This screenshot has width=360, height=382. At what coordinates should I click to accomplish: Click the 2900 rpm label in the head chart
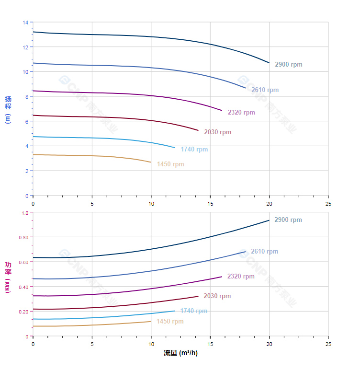[288, 65]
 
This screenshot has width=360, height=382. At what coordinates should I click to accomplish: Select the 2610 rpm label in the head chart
[265, 90]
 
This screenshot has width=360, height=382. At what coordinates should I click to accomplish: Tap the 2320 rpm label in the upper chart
[241, 113]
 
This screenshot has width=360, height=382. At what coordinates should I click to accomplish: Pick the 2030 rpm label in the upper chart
[217, 132]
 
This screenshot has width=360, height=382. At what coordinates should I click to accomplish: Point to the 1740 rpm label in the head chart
[194, 150]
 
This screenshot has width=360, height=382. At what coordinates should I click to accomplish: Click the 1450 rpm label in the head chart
[170, 164]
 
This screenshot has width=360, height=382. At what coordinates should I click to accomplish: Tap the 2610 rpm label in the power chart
[264, 252]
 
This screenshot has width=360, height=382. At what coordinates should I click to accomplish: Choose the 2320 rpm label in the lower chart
[241, 277]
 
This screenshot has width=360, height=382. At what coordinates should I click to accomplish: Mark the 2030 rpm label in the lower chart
[217, 296]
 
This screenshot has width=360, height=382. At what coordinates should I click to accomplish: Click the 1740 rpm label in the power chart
[193, 311]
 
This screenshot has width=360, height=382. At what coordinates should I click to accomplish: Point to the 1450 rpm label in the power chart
[169, 322]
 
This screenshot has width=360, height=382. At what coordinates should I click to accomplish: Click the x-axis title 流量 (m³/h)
[180, 353]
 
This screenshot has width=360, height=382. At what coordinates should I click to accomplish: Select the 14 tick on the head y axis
[25, 22]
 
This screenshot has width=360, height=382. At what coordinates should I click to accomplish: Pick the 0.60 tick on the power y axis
[23, 262]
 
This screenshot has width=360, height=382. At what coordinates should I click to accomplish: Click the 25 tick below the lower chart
[328, 344]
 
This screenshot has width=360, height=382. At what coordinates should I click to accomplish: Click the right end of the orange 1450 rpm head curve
[151, 162]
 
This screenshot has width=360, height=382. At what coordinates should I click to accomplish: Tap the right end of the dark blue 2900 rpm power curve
[269, 220]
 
